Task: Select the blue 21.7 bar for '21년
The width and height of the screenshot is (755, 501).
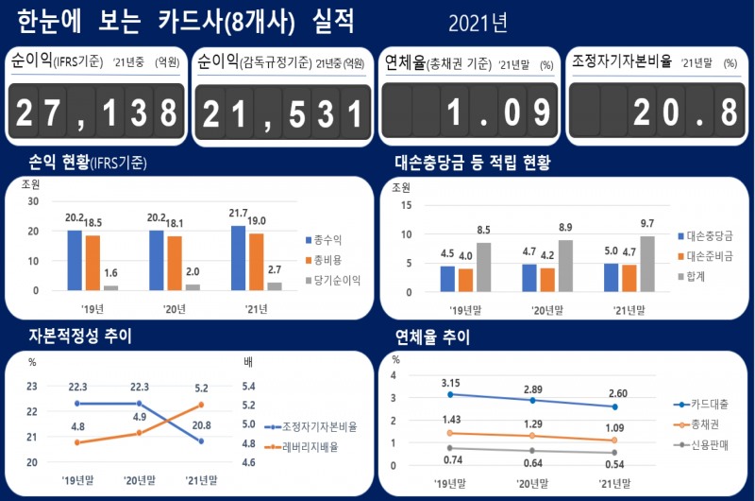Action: coord(238,257)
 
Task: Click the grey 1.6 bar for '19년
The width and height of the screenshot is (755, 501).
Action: coord(111,286)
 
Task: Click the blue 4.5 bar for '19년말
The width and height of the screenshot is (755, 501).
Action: coord(447,278)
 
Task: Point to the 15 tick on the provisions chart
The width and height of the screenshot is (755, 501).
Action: coord(408,204)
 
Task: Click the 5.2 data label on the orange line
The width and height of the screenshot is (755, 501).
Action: coord(201,387)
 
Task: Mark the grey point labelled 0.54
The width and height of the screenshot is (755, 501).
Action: coord(615,452)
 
